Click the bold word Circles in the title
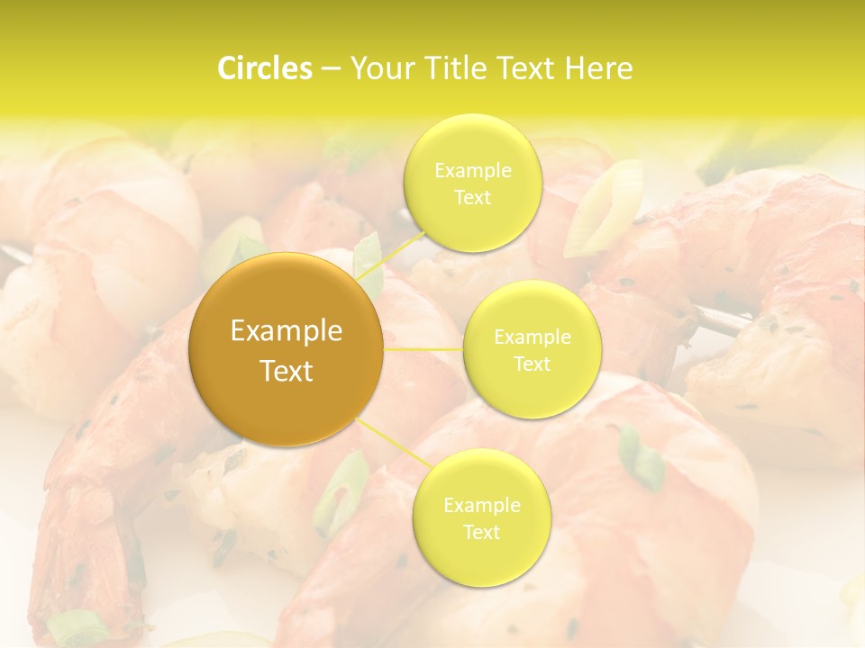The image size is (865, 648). pyautogui.click(x=265, y=68)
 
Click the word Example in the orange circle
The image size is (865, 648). pyautogui.click(x=287, y=331)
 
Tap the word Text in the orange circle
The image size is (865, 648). pyautogui.click(x=287, y=371)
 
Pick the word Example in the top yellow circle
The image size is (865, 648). pyautogui.click(x=473, y=171)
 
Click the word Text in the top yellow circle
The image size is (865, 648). pyautogui.click(x=473, y=197)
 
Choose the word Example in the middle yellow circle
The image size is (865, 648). pyautogui.click(x=533, y=337)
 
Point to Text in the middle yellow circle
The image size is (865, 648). pyautogui.click(x=533, y=364)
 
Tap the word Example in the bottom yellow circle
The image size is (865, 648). pyautogui.click(x=482, y=505)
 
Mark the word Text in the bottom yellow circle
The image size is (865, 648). pyautogui.click(x=482, y=532)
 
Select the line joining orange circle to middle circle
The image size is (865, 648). pyautogui.click(x=423, y=349)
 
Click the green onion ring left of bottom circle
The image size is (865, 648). pyautogui.click(x=341, y=490)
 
